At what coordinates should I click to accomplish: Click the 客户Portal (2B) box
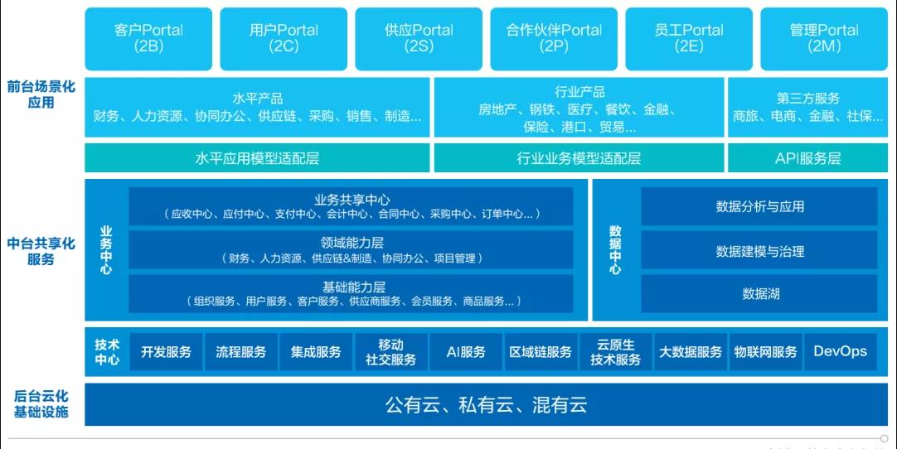coord(148,39)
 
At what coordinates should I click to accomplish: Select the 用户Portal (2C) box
coord(284,39)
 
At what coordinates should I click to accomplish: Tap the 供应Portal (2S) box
coord(419,39)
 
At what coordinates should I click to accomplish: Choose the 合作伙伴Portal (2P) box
coord(554,39)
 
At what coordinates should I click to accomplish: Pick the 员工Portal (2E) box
coord(689,39)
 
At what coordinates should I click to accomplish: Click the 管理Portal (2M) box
coord(824,39)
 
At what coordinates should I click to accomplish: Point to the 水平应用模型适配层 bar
coord(257,158)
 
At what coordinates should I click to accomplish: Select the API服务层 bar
coord(807,158)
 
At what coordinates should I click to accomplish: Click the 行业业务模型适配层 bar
coord(579,158)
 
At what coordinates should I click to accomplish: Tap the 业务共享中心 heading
coord(352,200)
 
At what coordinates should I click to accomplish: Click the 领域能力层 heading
coord(352,243)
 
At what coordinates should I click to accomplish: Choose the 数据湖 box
coord(759,294)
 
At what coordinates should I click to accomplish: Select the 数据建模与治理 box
coord(759,250)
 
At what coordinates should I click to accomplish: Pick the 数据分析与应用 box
coord(759,206)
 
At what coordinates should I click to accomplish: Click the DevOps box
coord(841,352)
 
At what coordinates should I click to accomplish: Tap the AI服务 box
coord(466,352)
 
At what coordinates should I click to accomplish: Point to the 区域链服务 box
coord(541,352)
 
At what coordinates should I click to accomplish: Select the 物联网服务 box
coord(765,352)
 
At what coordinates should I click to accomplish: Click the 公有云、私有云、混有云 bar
coord(487,404)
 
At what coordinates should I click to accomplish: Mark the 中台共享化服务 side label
coord(41,252)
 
